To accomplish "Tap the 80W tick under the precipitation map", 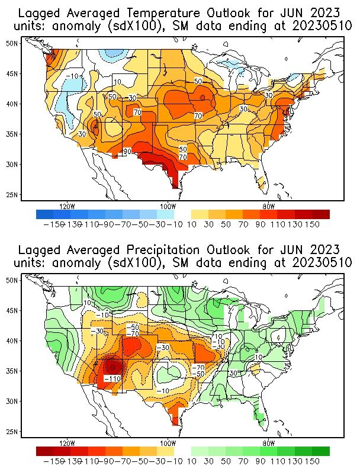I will point(268,443).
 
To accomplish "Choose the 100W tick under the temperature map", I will point(168,207).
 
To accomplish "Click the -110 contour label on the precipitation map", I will point(112,378).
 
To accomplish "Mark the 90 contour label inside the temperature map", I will point(127,152).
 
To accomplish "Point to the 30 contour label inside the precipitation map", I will point(233,373).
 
